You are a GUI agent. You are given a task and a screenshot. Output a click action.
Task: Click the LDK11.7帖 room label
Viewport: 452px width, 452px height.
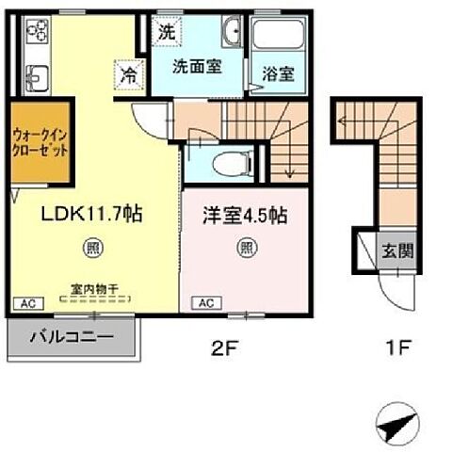pos(90,216)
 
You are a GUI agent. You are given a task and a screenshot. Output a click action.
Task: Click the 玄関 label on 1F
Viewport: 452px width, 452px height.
pos(395,251)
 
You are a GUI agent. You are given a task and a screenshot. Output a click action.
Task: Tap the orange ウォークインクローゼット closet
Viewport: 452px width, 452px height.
pos(40,142)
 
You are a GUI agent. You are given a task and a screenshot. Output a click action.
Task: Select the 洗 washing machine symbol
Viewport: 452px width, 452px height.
pos(166,30)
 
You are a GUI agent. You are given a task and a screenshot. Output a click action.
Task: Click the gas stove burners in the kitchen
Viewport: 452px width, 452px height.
pos(38,35)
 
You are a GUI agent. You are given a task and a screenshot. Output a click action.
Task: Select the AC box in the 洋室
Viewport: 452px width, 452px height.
pos(207,304)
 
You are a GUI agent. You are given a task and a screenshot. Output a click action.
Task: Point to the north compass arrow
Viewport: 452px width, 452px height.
pos(396,425)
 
